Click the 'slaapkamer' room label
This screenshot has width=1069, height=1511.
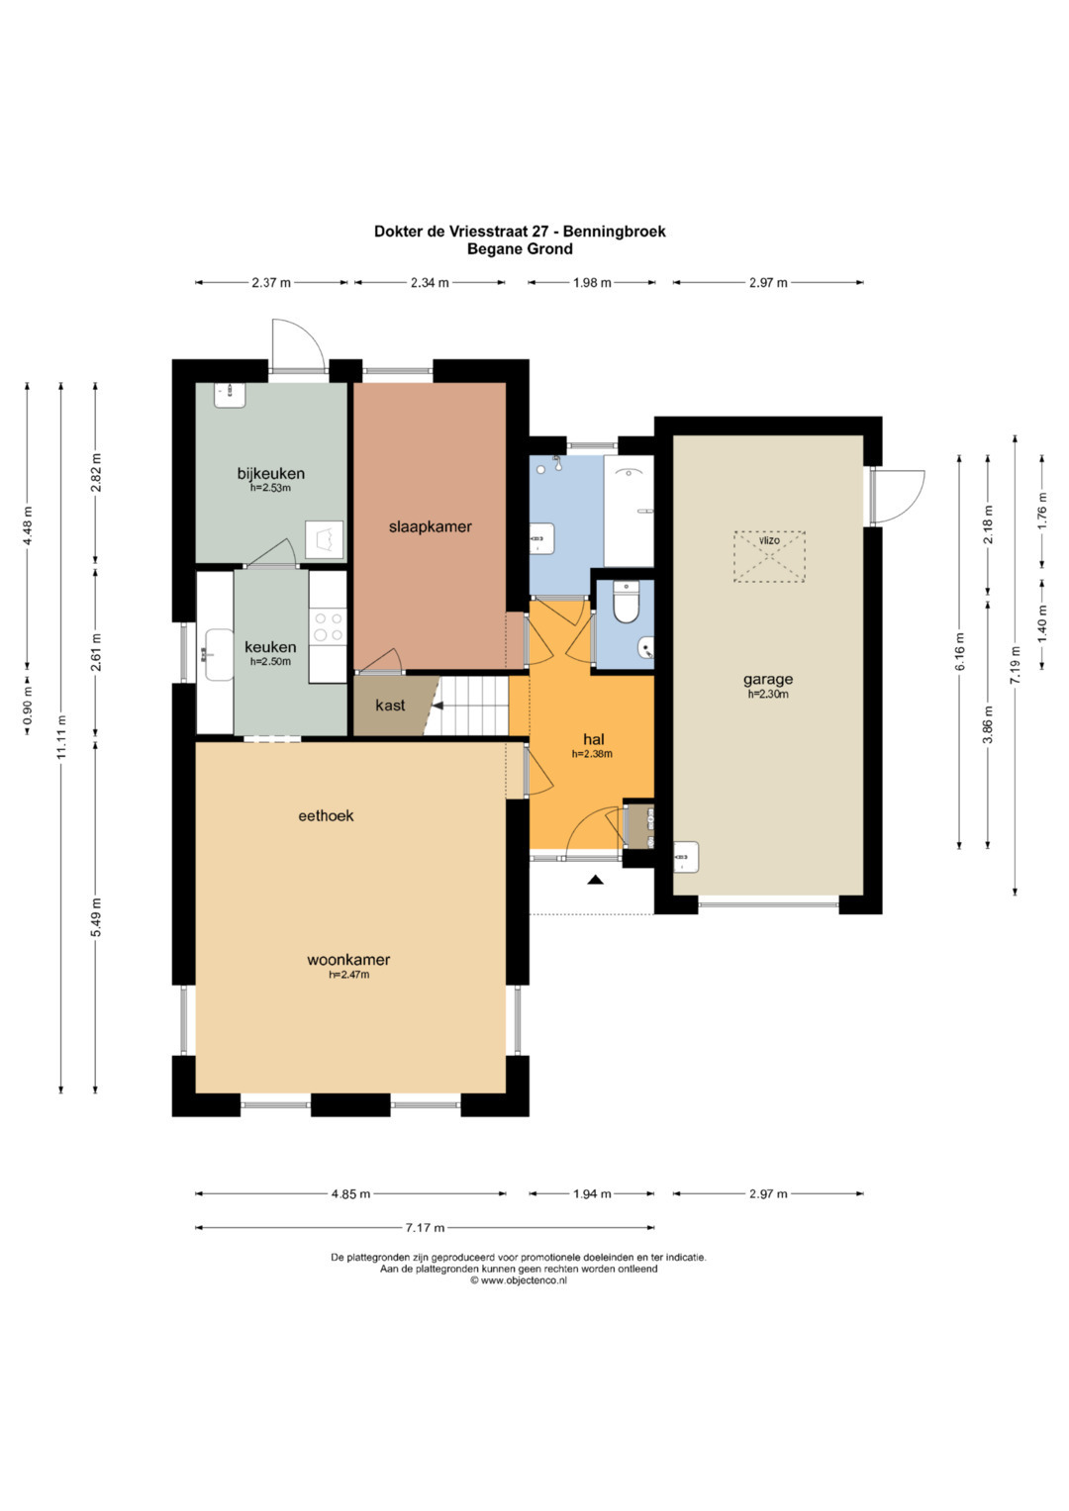(430, 526)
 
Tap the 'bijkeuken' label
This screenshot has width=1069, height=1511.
(270, 474)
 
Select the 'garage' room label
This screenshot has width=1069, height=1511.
(768, 679)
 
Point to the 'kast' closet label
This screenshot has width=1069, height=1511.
(390, 706)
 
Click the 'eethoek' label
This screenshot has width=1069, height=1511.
(326, 815)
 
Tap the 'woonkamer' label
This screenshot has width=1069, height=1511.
(348, 959)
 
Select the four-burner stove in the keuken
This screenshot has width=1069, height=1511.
(328, 626)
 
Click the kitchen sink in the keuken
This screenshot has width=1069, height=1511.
(218, 654)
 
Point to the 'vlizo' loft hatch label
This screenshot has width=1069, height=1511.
(769, 540)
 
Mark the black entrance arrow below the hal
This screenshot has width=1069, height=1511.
(595, 880)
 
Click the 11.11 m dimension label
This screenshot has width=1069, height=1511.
(61, 737)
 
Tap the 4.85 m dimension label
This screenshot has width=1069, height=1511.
(350, 1194)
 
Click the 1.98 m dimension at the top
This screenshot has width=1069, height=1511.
(592, 283)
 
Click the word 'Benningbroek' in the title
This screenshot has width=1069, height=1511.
(614, 232)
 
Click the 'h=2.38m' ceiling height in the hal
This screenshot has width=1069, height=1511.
(592, 754)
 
